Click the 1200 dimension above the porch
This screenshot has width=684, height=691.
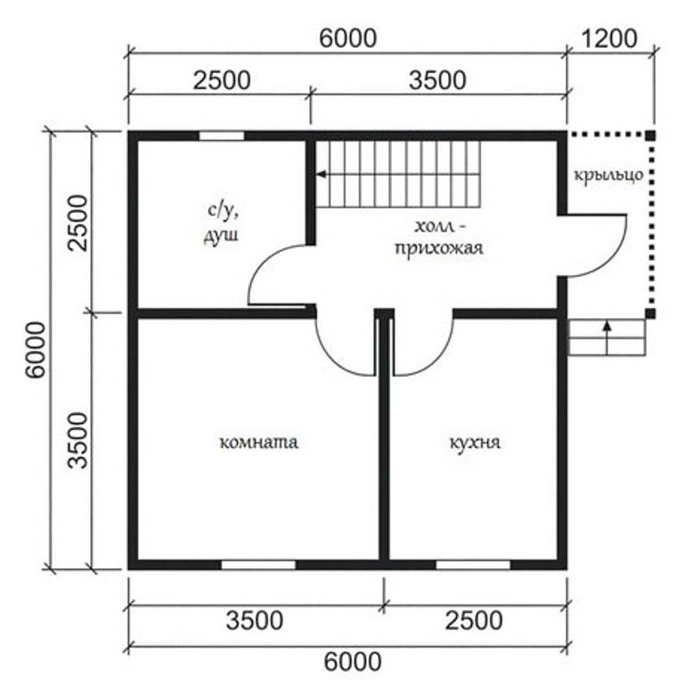[x=609, y=38]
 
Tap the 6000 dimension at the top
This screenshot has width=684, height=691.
[x=347, y=38]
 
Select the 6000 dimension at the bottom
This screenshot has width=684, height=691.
[x=353, y=662]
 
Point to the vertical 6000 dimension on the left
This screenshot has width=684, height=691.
[x=36, y=349]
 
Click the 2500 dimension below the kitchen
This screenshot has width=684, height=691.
[x=474, y=620]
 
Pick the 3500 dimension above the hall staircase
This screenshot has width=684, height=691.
[x=437, y=80]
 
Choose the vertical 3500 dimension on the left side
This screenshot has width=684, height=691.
[x=78, y=440]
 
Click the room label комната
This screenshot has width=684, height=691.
[x=258, y=442]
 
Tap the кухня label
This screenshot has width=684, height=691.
[x=475, y=443]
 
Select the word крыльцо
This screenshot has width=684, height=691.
[x=608, y=175]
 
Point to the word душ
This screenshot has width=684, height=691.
[x=221, y=234]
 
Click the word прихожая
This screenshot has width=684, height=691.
[x=439, y=248]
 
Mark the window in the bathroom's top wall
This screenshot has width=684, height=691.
[x=221, y=135]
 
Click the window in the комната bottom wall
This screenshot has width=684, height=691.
[x=258, y=565]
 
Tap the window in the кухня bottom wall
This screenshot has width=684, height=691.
[x=473, y=565]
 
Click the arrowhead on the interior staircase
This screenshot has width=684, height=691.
[x=322, y=175]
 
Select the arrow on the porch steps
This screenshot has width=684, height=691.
[x=607, y=338]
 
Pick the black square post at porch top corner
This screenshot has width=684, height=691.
[x=650, y=135]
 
